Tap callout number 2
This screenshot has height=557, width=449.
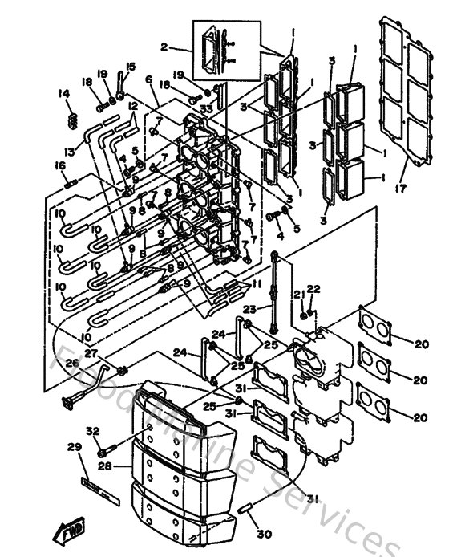(x=164, y=47)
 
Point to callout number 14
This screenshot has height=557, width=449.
(x=64, y=94)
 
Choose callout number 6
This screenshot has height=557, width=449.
(x=149, y=79)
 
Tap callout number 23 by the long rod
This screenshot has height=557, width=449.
(x=249, y=309)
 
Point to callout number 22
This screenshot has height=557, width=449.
(x=313, y=289)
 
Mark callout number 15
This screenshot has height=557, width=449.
(x=131, y=66)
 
